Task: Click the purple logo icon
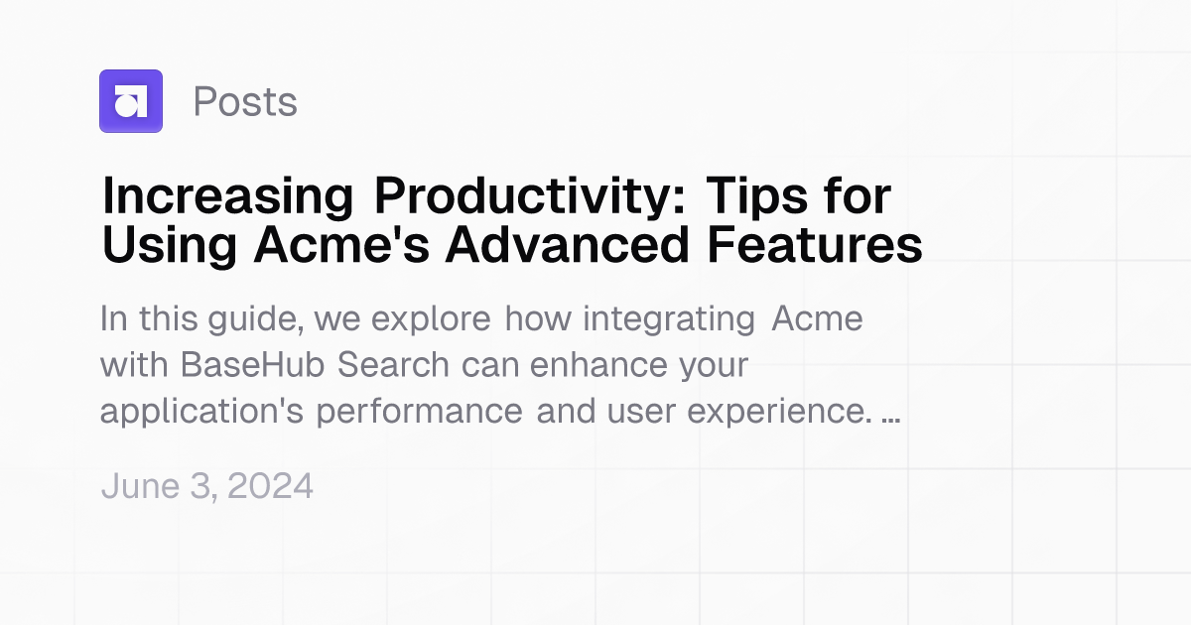130,101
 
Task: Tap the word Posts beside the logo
245,101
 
